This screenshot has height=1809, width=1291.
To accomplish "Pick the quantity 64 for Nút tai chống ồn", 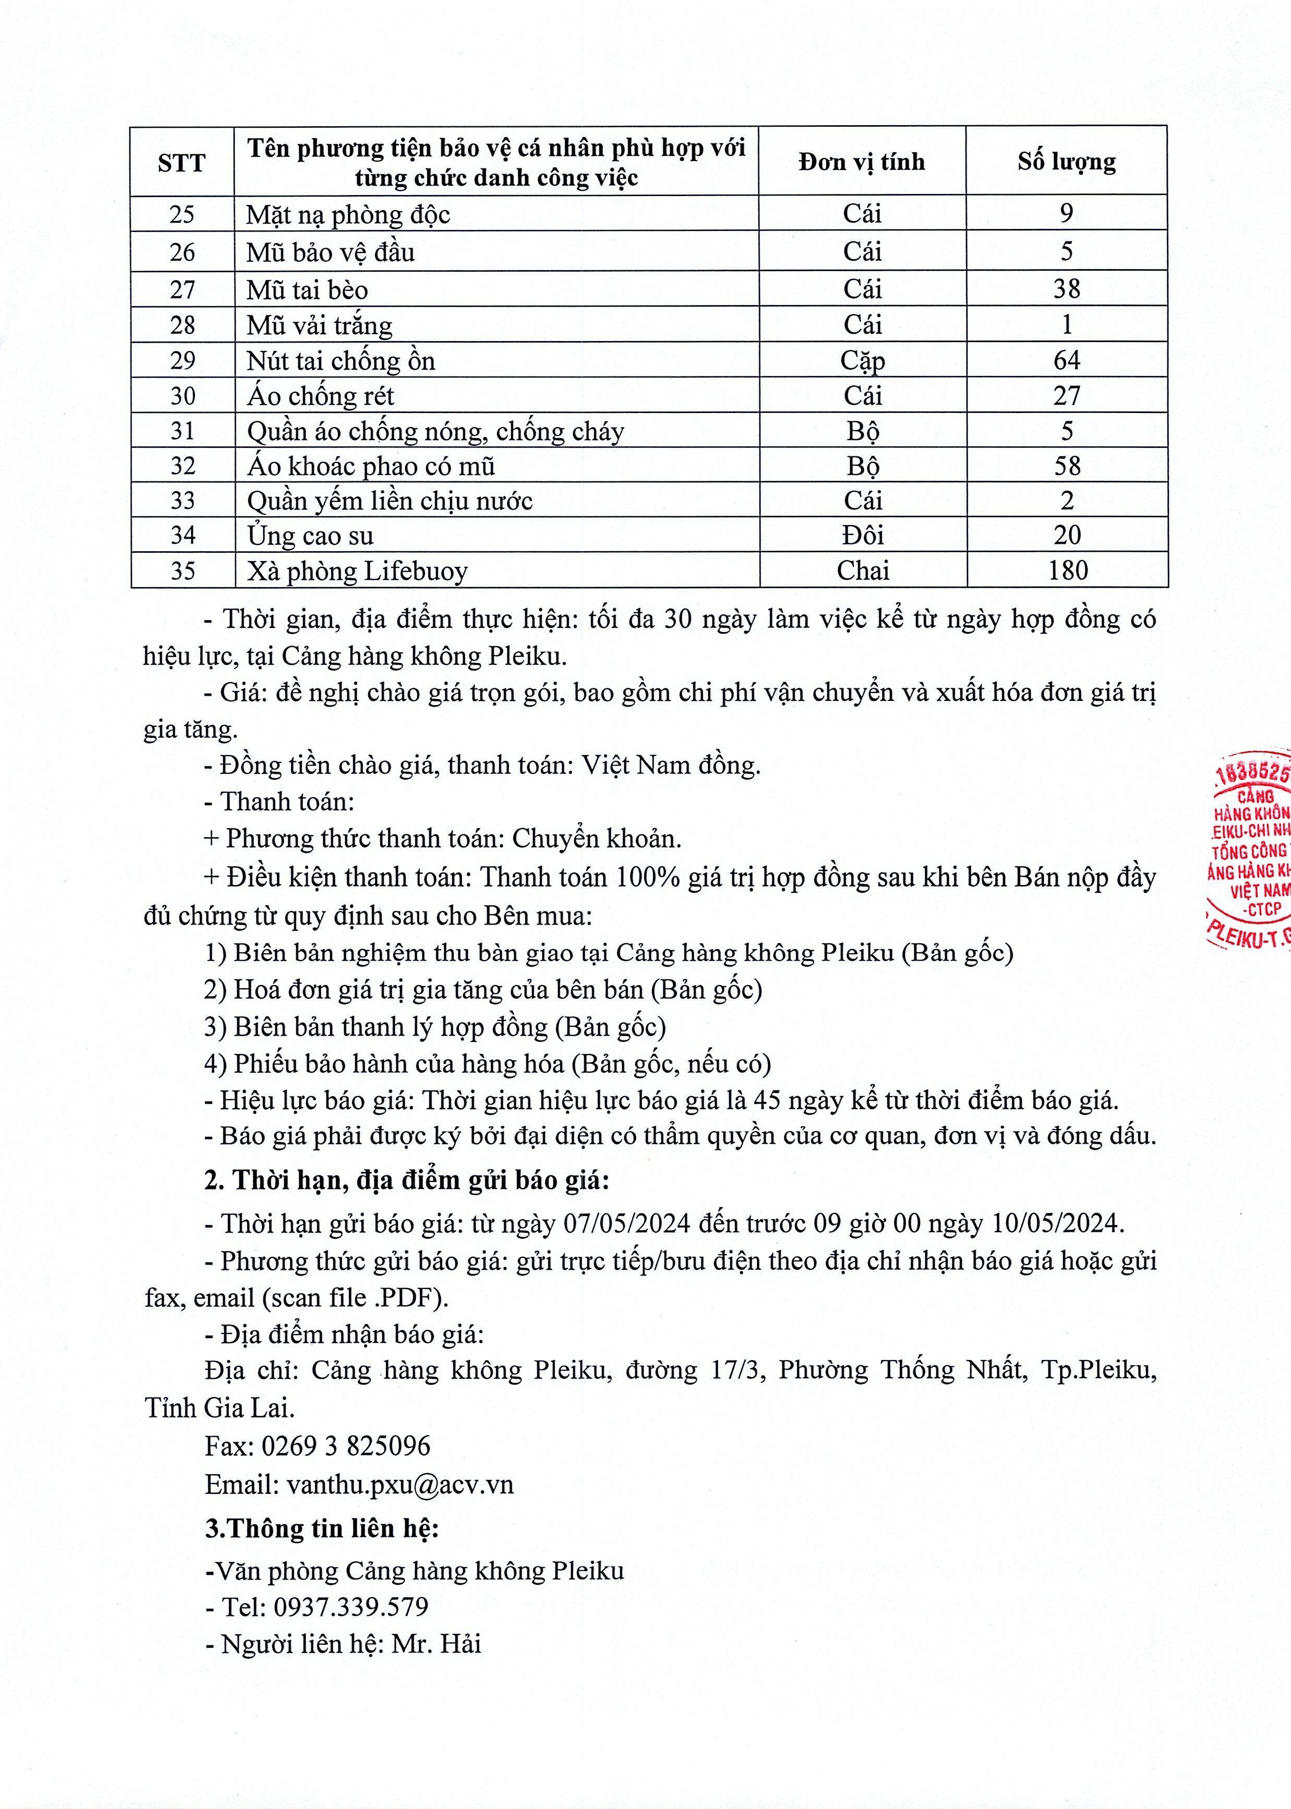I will pos(1066,360).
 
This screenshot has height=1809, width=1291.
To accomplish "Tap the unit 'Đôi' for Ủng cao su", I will pos(863,535).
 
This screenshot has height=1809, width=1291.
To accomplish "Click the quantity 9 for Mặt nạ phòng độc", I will pos(1066,213).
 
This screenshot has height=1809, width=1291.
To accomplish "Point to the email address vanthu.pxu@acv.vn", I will pos(400,1485).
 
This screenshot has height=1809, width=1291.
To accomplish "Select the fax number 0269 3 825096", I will pos(346,1445).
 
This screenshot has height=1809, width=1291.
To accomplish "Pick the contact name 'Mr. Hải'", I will pos(437,1644).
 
